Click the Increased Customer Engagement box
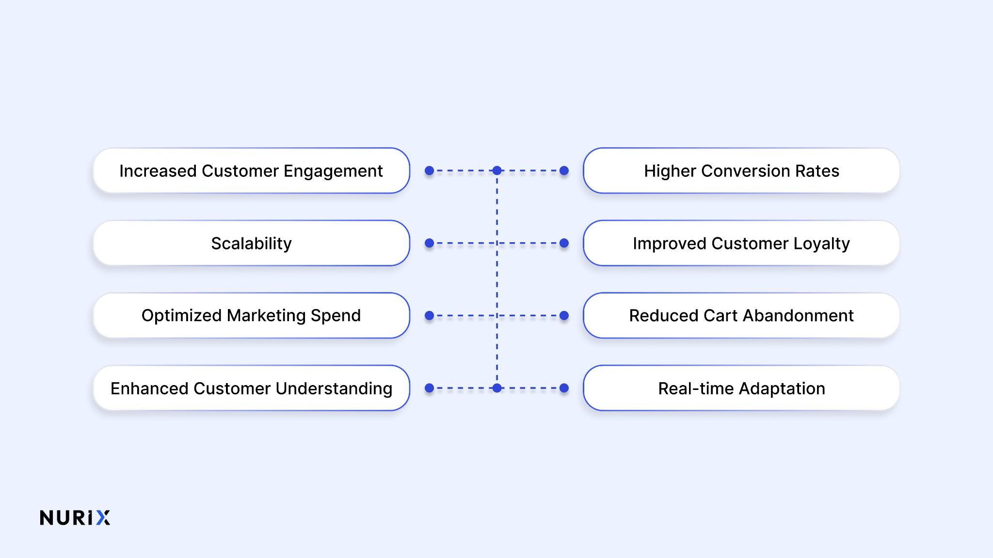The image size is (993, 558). pyautogui.click(x=251, y=171)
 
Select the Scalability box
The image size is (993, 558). pyautogui.click(x=251, y=243)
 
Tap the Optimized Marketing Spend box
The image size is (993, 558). pyautogui.click(x=251, y=315)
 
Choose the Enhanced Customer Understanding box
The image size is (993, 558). pyautogui.click(x=251, y=388)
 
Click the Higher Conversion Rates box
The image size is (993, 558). pyautogui.click(x=741, y=171)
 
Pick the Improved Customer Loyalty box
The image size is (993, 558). pyautogui.click(x=741, y=243)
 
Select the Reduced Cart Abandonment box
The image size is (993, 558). pyautogui.click(x=741, y=315)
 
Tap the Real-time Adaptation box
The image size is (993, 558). pyautogui.click(x=741, y=388)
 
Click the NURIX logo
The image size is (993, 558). pyautogui.click(x=75, y=517)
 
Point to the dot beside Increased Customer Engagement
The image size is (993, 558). pyautogui.click(x=429, y=170)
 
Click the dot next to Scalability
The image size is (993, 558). pyautogui.click(x=429, y=243)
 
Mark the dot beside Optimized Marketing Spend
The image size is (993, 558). pyautogui.click(x=429, y=315)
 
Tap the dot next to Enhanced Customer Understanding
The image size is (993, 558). pyautogui.click(x=429, y=388)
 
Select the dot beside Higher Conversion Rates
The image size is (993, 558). pyautogui.click(x=564, y=170)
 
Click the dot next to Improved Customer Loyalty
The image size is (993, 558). pyautogui.click(x=564, y=243)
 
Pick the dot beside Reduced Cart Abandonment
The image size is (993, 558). pyautogui.click(x=564, y=315)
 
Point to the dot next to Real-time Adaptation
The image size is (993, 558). pyautogui.click(x=564, y=388)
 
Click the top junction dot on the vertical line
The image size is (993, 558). pyautogui.click(x=497, y=170)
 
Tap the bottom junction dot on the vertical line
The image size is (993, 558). pyautogui.click(x=497, y=388)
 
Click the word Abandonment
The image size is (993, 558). pyautogui.click(x=798, y=315)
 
